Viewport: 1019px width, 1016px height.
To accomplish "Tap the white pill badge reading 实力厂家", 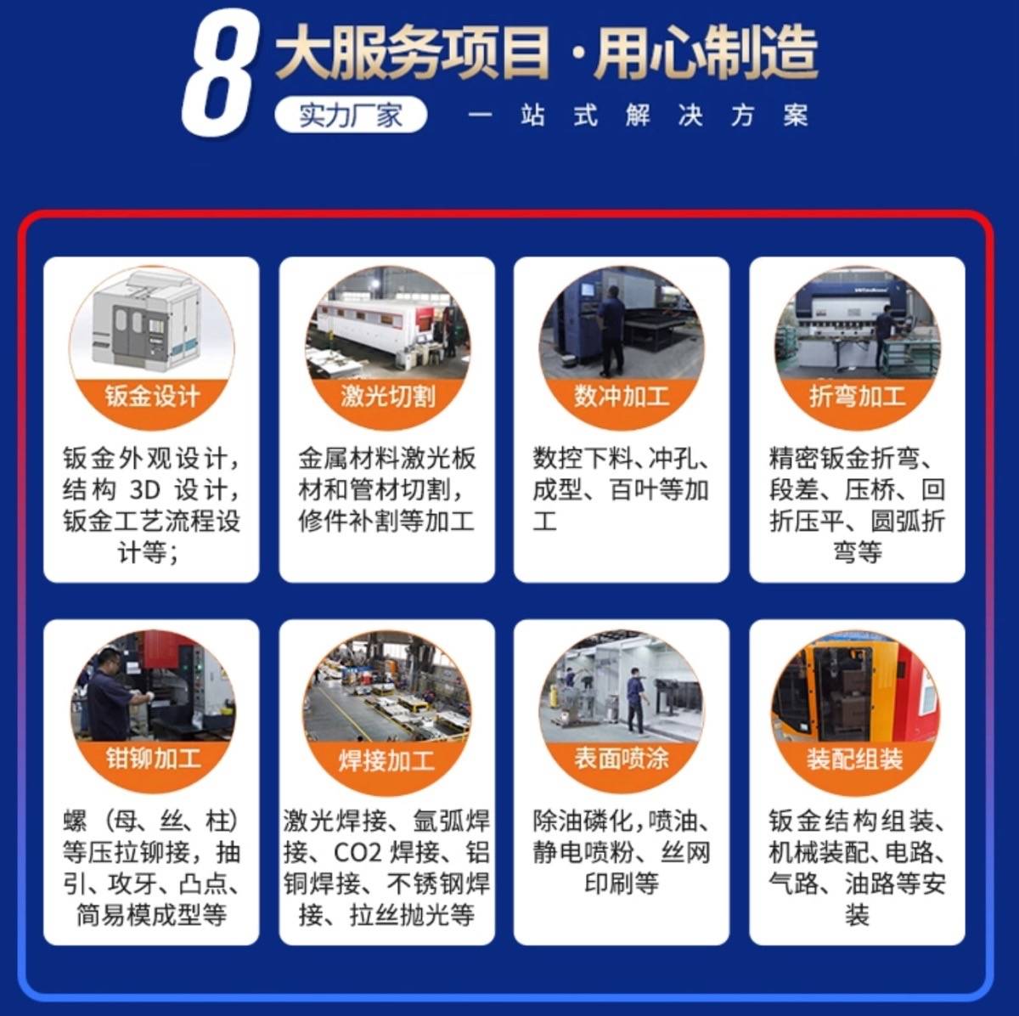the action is (x=351, y=115).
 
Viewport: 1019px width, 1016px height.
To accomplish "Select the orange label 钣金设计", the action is (x=152, y=397).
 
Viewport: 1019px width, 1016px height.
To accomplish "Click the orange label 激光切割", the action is (x=387, y=397).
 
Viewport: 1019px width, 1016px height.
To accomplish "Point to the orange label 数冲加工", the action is (x=622, y=397).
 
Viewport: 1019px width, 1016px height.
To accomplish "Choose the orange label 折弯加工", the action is (x=857, y=397).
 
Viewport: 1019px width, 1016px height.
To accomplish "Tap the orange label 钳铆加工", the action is (x=154, y=759).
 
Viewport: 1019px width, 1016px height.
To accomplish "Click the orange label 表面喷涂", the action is (x=622, y=759).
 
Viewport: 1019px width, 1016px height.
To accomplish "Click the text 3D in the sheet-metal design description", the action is (x=145, y=490).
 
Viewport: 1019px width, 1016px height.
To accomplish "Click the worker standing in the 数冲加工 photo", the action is (x=612, y=329).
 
